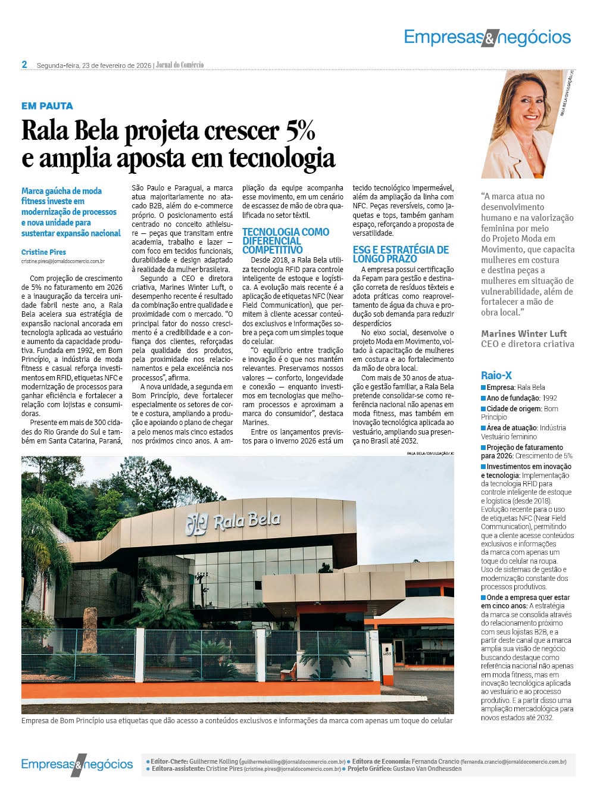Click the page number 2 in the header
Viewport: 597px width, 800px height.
[24, 64]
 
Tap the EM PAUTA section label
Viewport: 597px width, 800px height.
[47, 106]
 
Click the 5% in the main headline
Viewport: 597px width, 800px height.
[300, 131]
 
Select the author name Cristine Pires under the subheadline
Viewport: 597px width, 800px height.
[43, 252]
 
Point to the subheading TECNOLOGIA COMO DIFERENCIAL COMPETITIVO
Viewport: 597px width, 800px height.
[286, 240]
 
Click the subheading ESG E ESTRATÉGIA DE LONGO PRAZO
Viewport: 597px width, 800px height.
[401, 254]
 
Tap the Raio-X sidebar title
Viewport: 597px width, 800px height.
[496, 376]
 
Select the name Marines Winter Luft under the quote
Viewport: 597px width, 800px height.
[524, 333]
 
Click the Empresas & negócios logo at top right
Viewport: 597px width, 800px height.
[487, 37]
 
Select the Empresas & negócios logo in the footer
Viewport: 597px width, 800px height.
[77, 764]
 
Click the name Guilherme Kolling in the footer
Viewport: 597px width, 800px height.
[213, 761]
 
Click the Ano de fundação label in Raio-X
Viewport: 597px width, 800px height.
[512, 398]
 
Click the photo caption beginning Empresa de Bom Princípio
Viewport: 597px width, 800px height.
[237, 721]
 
